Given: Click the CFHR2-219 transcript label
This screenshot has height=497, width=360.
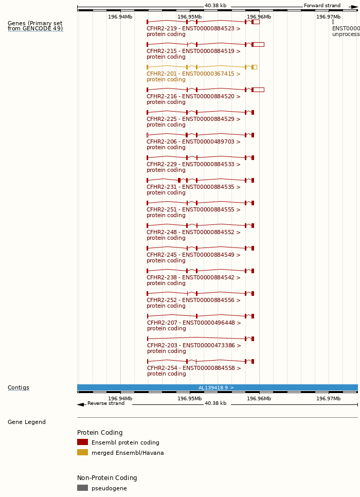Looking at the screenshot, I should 193,29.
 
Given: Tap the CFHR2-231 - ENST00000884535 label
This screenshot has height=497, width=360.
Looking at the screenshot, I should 193,187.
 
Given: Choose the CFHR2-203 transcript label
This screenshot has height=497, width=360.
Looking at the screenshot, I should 194,346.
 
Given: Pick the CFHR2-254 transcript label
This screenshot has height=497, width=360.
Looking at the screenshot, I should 194,368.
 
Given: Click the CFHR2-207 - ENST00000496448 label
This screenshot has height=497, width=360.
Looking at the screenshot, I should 194,323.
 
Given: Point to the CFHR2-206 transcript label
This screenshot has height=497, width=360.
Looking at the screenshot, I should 193,142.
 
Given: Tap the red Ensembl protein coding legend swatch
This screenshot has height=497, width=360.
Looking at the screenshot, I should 82,442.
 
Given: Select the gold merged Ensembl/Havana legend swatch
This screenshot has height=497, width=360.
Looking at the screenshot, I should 82,452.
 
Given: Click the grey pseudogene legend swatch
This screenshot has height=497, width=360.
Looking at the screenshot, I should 82,488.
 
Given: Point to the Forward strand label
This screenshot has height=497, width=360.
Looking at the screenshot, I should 322,6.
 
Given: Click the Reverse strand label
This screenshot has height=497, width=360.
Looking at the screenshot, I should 106,403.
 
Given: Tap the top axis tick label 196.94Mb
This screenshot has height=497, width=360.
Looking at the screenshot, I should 120,17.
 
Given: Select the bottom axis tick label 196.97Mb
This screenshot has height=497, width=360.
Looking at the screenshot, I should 328,398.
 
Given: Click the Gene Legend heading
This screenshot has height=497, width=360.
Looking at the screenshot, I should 27,422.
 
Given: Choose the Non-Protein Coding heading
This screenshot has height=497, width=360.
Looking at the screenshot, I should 107,478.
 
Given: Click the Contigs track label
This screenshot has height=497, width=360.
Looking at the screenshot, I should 19,388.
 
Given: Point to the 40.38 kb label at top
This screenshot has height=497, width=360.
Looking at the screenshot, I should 215,6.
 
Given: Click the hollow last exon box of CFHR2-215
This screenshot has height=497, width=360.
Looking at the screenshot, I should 259,44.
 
